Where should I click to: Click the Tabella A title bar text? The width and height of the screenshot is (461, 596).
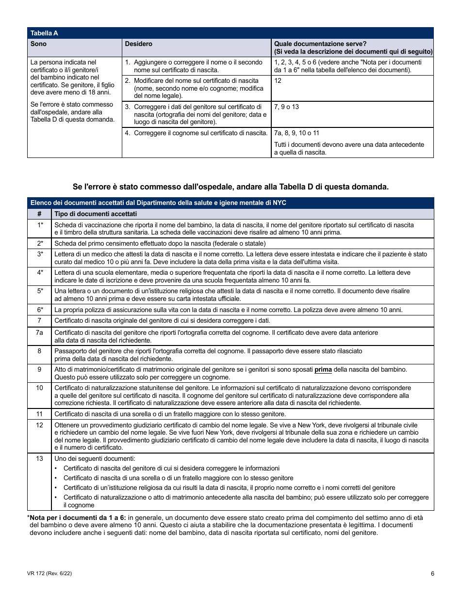44,33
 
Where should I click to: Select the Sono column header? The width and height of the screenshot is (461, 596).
39,44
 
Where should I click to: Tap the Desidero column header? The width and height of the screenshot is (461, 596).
138,44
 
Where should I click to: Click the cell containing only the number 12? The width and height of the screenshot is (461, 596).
278,81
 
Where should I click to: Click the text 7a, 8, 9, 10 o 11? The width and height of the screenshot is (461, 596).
296,133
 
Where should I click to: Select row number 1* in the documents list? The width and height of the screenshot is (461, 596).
40,225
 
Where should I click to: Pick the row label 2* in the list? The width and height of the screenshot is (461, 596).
40,243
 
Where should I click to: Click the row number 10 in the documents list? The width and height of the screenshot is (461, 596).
40,388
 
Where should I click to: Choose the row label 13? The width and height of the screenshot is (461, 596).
40,458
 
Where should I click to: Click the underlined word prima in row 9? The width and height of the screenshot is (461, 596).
323,370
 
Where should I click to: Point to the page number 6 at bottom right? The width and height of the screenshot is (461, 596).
432,574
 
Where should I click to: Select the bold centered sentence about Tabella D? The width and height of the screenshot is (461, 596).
230,187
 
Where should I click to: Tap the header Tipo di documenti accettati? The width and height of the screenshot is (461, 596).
96,214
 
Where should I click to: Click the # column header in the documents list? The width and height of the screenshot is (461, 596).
40,214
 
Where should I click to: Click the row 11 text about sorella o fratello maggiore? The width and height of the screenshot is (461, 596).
170,414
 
